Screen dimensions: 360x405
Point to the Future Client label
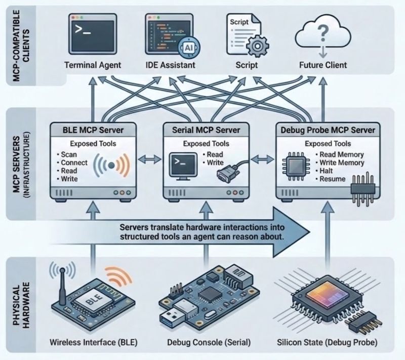click(322, 65)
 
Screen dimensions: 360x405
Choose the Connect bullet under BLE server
click(73, 163)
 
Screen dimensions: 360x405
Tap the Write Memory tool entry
click(338, 163)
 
